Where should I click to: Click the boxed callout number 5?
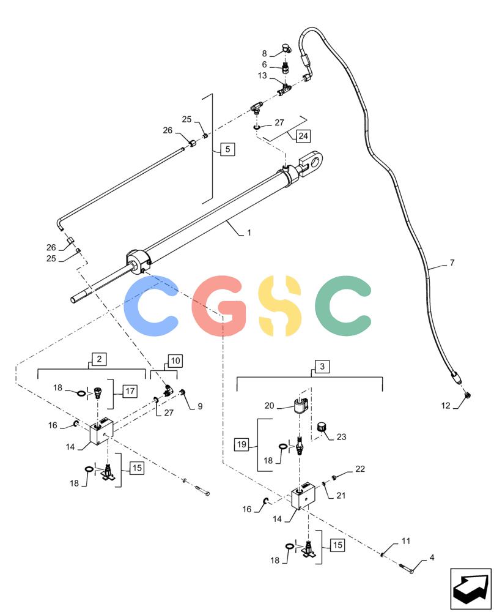click(x=227, y=149)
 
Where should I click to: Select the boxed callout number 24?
click(x=303, y=136)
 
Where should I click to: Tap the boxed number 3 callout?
click(x=322, y=367)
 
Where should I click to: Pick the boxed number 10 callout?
click(x=175, y=360)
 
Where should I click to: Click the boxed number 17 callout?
click(x=130, y=390)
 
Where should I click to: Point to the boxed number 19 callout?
click(x=241, y=444)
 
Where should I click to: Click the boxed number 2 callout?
click(x=99, y=359)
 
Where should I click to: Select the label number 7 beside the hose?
click(x=452, y=263)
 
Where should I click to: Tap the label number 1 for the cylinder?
click(x=249, y=233)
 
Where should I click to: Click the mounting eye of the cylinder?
click(x=313, y=160)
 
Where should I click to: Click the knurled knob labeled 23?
click(x=322, y=427)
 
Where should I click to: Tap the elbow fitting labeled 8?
click(x=289, y=48)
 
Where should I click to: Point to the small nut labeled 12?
click(x=468, y=395)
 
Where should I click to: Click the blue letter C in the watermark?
click(x=151, y=305)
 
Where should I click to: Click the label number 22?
click(x=360, y=469)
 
